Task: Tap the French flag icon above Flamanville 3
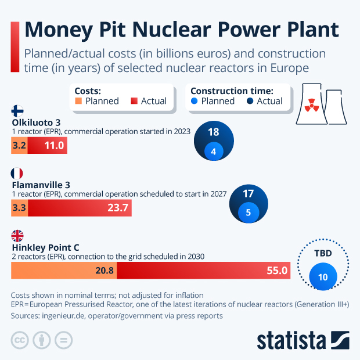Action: tap(17, 174)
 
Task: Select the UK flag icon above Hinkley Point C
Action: tap(17, 236)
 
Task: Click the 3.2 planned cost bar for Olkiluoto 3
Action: tap(19, 146)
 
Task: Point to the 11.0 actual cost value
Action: tap(54, 146)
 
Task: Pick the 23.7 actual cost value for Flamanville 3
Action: tap(118, 208)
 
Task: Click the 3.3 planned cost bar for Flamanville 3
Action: tap(19, 208)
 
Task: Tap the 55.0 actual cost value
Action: tap(277, 270)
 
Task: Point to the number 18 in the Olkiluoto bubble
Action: tap(214, 132)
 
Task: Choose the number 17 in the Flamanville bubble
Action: tap(249, 193)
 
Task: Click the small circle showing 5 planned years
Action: tap(249, 213)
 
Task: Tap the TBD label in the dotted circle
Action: tap(323, 254)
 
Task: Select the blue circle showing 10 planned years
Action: tap(323, 277)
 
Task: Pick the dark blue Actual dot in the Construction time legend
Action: tap(250, 101)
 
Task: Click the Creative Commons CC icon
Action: tap(20, 340)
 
